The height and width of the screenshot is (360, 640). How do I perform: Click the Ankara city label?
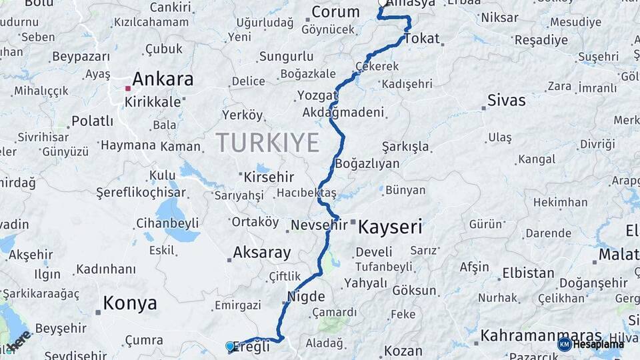pos(163,79)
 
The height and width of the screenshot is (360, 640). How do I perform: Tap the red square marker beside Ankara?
pos(127,87)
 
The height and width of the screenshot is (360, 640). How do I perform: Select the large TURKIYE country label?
pos(267,142)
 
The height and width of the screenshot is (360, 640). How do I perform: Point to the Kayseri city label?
pos(390,227)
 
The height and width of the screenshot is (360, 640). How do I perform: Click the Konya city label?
pos(130,304)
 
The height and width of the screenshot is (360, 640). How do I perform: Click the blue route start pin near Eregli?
pos(230,346)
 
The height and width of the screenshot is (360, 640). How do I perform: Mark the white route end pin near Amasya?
pos(383,2)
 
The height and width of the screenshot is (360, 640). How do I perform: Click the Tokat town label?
pos(421,39)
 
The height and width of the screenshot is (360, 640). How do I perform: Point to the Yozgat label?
pos(313,95)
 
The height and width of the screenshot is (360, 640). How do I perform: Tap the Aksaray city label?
pos(262,253)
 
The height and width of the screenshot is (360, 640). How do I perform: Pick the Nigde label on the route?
pos(306,297)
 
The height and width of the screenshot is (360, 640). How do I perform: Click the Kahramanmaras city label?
pos(541,335)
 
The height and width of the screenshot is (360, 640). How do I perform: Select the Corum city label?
pos(335,12)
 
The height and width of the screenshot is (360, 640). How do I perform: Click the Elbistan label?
pos(528,273)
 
